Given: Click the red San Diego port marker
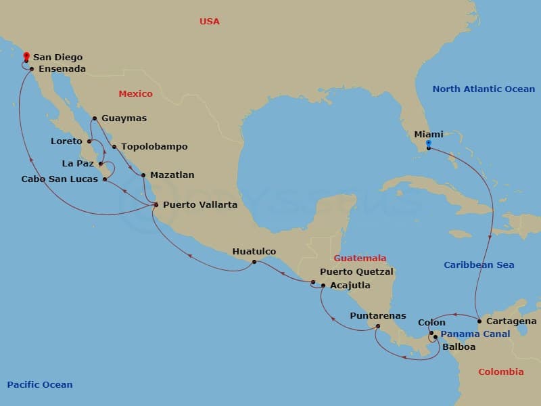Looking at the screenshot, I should coord(26,57).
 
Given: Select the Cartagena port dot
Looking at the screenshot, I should coord(479,321).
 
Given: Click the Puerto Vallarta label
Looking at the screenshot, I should coord(199,204).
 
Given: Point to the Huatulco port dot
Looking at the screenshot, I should coord(254,262).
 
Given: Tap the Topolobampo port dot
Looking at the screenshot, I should coord(114,147).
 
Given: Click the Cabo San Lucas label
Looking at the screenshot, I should coord(60,179).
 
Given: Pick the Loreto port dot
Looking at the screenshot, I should coord(89,141).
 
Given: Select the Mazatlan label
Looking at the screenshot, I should coord(172,175).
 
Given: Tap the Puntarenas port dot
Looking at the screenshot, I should coord(378,326).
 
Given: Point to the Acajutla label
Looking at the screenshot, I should coord(350,285).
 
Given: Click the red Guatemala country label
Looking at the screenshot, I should coord(360,258).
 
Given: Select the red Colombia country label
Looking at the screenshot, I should coord(500,371).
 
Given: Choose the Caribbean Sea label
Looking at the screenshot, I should coord(479,265).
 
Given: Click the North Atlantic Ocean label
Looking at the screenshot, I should coord(484,89).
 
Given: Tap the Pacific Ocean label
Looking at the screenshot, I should coord(40,384).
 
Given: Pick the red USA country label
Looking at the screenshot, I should coord(210,22).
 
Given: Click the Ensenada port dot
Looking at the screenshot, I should coord(32,68).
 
